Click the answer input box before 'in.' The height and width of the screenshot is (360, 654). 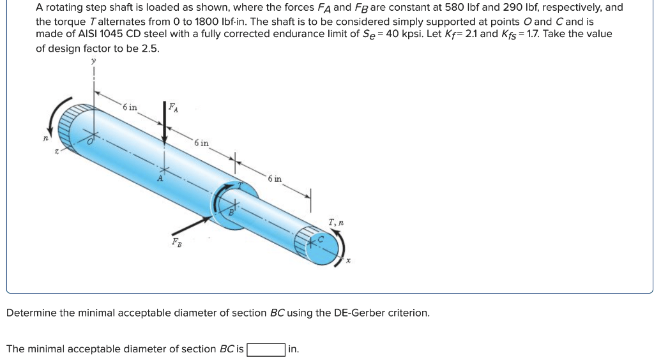coord(266,349)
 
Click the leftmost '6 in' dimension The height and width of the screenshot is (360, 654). coord(130,107)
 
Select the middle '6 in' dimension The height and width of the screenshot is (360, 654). coord(201,143)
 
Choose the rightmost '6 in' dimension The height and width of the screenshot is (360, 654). coord(275,179)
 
